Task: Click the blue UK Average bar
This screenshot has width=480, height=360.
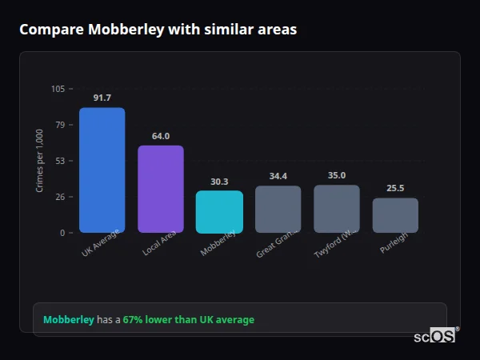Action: pos(102,170)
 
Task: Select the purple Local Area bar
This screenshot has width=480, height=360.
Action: pos(160,189)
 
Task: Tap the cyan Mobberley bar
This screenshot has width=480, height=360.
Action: pos(219,211)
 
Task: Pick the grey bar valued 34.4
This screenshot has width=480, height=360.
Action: pos(278,209)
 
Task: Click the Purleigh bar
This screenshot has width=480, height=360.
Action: pos(395,215)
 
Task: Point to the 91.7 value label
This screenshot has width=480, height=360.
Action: pos(102,98)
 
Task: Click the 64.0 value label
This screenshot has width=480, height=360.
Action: pos(160,136)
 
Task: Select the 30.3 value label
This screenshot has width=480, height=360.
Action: pos(219,182)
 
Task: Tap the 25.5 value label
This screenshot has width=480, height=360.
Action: pos(395,189)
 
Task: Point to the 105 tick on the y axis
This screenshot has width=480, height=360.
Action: pos(58,89)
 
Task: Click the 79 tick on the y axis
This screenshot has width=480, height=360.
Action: pos(60,125)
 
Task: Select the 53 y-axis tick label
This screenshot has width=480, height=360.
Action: pos(60,161)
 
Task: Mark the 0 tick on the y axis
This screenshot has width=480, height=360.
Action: pos(62,233)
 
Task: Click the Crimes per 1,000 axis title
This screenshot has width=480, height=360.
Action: pos(39,161)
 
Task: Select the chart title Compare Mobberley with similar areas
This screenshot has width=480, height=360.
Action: pos(158,30)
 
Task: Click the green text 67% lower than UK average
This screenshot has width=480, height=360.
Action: pos(188,320)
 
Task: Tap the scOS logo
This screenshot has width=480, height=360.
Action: pos(435,336)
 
